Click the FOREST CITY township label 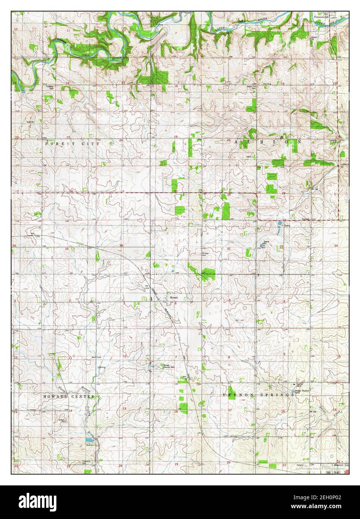[72, 143]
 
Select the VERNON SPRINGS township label [259, 395]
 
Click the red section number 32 [228, 248]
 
